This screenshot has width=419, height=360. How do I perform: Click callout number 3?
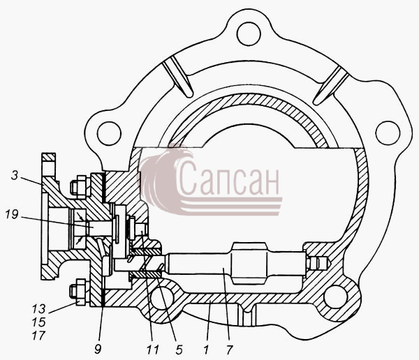tap(15, 176)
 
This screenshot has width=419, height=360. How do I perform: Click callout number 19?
tap(12, 214)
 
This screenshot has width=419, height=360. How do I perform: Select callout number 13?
tap(38, 309)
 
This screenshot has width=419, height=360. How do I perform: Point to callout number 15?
tap(38, 322)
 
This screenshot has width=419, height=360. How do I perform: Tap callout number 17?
tap(38, 336)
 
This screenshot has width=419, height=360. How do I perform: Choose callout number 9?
tap(98, 350)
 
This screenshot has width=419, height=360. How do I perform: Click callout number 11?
tap(152, 350)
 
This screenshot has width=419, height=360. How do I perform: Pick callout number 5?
tap(179, 350)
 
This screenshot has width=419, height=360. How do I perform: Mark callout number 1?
tap(206, 350)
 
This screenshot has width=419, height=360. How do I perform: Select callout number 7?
tap(229, 350)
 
